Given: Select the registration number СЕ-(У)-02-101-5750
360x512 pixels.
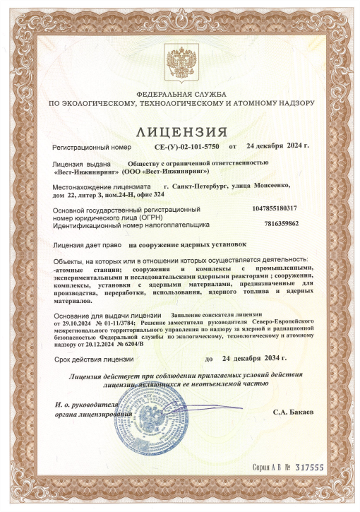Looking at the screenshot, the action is pos(186,147).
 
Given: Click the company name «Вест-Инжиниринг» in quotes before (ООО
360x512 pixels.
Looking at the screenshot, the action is pos(86,170).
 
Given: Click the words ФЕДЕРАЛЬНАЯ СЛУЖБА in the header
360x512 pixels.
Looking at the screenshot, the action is pos(180,94).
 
